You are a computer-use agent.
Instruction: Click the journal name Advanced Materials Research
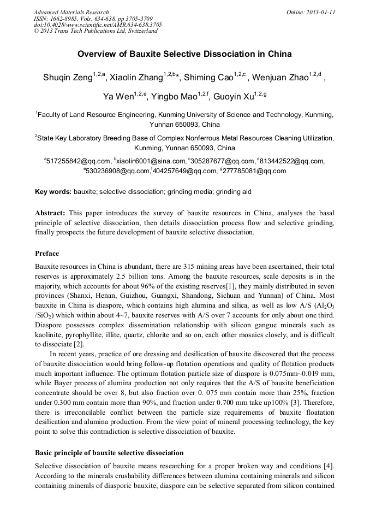[x=71, y=12]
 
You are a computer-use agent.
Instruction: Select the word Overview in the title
[x=97, y=54]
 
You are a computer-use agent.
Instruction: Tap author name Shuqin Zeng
[x=68, y=78]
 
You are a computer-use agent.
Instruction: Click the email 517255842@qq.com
[x=79, y=161]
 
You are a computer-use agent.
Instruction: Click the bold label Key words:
[x=53, y=192]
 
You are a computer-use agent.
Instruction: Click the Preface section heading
[x=47, y=254]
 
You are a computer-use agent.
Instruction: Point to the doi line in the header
[x=98, y=25]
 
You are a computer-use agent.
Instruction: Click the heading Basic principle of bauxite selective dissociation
[x=109, y=453]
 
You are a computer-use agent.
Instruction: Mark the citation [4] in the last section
[x=328, y=466]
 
